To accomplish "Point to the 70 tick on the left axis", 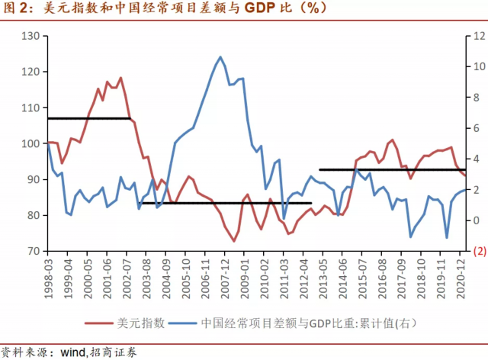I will coord(33,251).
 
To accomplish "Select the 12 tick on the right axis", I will coord(479,37).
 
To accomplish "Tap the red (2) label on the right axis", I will coord(480,251).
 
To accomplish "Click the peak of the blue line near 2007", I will coord(220,57).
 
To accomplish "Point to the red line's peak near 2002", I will coord(120,78).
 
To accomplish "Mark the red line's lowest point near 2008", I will coord(234,241).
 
